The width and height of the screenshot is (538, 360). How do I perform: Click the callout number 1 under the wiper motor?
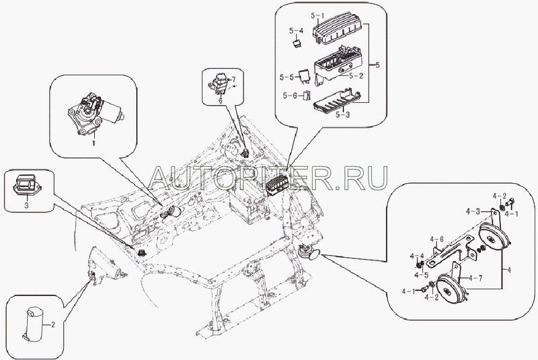point(93,143)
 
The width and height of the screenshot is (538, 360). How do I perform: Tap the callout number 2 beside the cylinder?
point(53,324)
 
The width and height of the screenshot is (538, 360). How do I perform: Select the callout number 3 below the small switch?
point(26,206)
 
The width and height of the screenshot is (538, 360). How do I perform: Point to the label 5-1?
point(317,15)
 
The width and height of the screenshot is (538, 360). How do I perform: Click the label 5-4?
point(296,31)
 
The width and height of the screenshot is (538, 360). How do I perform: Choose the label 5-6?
point(290,96)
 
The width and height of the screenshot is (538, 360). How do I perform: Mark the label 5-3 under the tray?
point(342,114)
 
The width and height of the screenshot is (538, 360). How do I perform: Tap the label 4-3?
point(473,212)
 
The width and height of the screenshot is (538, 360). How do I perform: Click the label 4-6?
point(437,239)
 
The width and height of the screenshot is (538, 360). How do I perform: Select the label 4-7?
point(475,278)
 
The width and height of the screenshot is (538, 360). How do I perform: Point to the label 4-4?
point(417,256)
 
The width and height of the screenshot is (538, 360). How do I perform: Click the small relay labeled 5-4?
point(296,43)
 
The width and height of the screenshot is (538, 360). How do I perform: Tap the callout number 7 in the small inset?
point(233,79)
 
